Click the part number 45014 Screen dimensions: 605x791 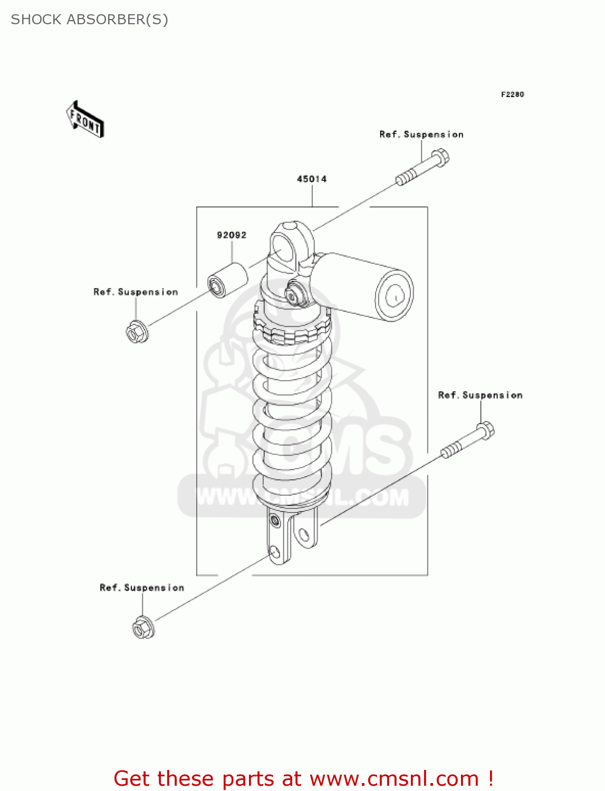click(312, 179)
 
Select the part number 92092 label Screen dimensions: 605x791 click(232, 235)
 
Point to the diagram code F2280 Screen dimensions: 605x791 click(512, 94)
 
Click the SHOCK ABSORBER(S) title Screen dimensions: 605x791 click(90, 20)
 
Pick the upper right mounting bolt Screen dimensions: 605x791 click(423, 167)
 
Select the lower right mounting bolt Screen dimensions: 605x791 click(468, 440)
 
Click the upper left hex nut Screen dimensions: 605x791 click(137, 332)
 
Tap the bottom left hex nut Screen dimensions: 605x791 click(143, 628)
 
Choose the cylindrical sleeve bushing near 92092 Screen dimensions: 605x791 click(227, 280)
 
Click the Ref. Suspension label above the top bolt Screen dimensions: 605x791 click(421, 134)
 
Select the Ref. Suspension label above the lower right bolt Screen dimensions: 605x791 click(480, 395)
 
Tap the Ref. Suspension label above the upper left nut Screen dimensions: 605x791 click(136, 292)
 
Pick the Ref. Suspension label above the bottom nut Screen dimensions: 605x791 click(142, 588)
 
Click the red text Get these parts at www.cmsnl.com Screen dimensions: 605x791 click(303, 778)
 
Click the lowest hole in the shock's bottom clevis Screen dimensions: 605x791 click(274, 553)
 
